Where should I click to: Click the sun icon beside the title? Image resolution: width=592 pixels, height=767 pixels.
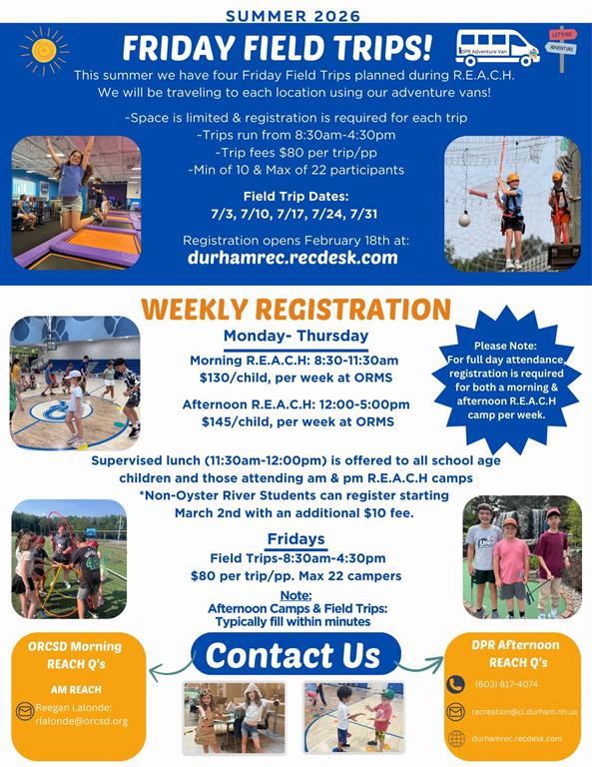[44, 51]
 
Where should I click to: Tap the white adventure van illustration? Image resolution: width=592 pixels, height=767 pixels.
[497, 48]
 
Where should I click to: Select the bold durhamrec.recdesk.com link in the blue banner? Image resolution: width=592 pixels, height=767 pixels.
[293, 258]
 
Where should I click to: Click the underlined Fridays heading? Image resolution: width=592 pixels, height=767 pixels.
[296, 539]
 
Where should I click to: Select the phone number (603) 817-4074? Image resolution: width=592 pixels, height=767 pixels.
[506, 684]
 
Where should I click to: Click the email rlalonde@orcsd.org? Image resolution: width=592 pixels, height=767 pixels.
[82, 721]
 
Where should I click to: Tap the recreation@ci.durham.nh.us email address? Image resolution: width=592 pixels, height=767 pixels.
[524, 712]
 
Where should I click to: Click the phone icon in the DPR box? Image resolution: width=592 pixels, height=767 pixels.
[455, 684]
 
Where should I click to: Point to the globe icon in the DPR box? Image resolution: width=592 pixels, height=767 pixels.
[456, 739]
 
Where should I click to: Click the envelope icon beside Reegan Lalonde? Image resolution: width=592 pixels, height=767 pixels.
[24, 711]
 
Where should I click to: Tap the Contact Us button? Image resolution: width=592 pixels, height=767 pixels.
[296, 654]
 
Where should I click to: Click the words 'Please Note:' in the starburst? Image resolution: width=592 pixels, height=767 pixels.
[505, 346]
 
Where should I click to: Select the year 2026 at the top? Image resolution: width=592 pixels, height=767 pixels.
[337, 16]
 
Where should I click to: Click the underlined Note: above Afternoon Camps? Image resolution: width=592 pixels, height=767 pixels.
[296, 596]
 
